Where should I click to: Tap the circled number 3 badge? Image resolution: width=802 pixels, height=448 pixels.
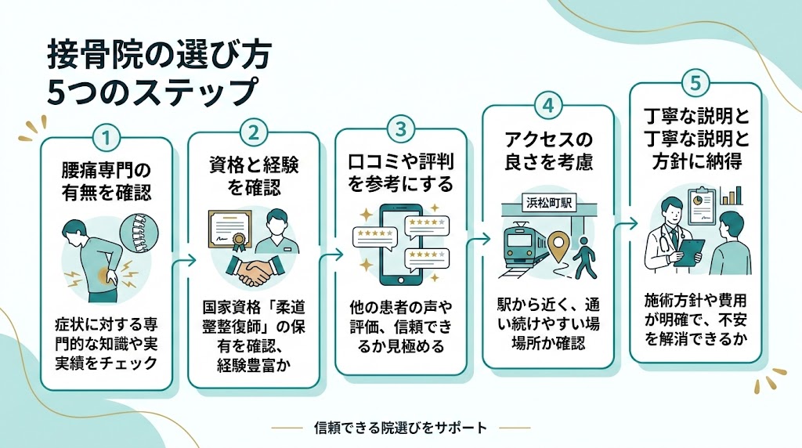tap(400, 128)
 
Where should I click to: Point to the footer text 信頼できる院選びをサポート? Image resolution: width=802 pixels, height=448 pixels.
tap(400, 428)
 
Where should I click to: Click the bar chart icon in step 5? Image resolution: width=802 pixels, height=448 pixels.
tap(732, 195)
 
